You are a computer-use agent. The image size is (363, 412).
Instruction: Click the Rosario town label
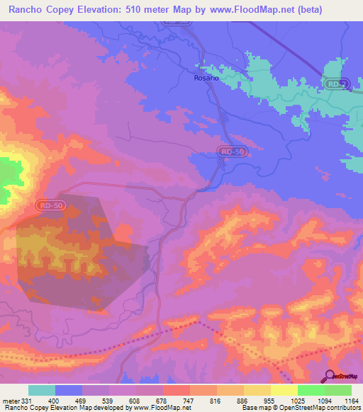point(206,78)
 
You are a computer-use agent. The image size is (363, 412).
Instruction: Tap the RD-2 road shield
point(336,84)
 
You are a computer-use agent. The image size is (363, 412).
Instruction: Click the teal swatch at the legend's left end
point(42,390)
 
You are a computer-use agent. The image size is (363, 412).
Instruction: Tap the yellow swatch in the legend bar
point(284,390)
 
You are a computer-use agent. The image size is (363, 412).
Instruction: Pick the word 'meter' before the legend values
point(10,400)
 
